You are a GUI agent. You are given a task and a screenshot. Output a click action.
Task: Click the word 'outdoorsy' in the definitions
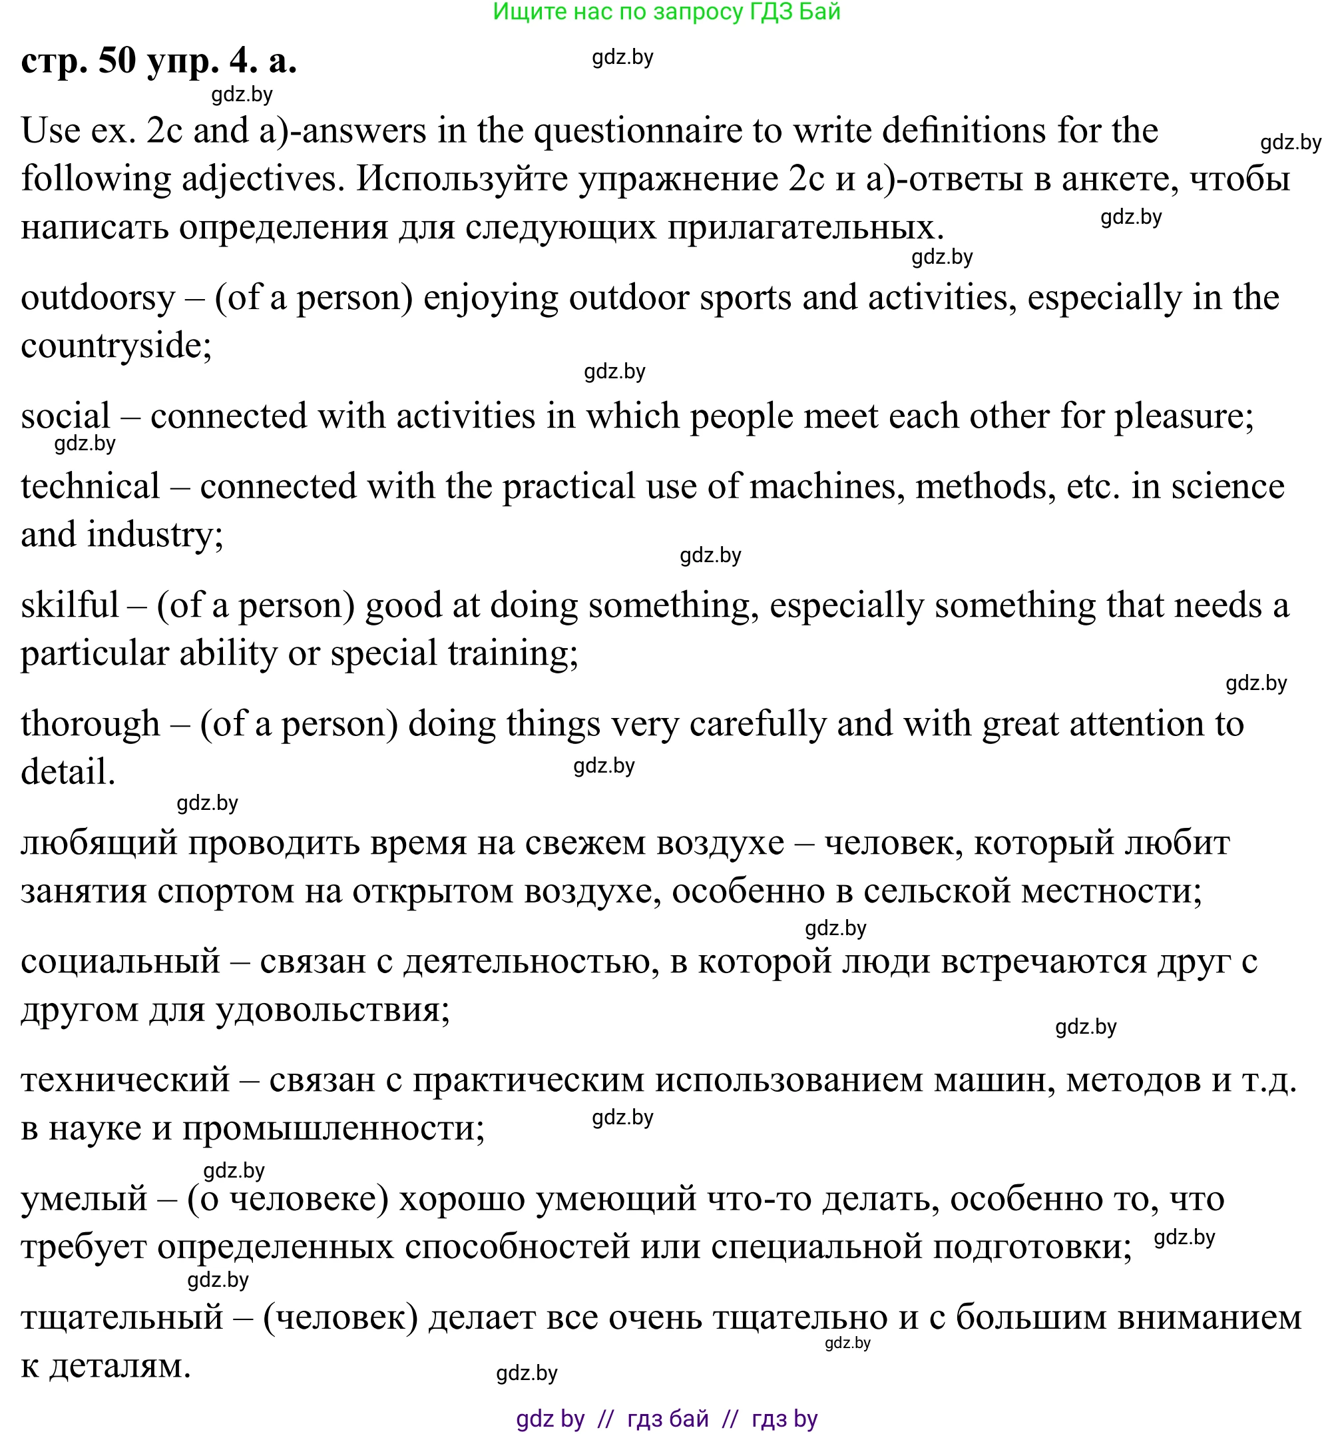[x=98, y=298]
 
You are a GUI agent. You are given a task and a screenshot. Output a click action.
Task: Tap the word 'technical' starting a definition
[x=90, y=486]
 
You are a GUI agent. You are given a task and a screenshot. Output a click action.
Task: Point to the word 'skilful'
[x=69, y=605]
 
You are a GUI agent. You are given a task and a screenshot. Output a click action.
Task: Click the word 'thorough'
[x=90, y=723]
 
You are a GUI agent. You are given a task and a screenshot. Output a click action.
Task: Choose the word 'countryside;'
[x=116, y=346]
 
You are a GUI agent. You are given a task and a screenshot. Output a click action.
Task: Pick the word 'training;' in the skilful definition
[x=513, y=653]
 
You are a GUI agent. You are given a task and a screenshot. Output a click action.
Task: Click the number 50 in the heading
[x=116, y=61]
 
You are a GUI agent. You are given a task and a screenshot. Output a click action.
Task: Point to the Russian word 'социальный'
[x=120, y=962]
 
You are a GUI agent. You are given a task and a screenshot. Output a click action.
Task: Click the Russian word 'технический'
[x=125, y=1080]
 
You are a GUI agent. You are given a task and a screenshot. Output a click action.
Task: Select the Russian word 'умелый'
[x=85, y=1199]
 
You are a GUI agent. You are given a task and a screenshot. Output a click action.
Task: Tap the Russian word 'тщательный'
[x=122, y=1317]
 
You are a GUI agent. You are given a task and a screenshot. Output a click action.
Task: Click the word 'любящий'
[x=99, y=843]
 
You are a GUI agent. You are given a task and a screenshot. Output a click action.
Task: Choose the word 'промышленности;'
[x=334, y=1128]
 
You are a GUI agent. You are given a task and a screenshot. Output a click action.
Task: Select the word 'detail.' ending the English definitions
[x=68, y=772]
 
